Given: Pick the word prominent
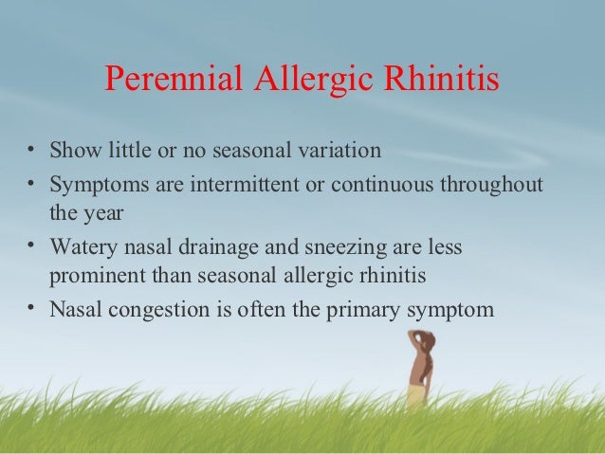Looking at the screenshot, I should pos(93,277).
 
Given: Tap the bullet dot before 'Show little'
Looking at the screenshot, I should pos(31,150).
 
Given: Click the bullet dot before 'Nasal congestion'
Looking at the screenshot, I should pos(31,307).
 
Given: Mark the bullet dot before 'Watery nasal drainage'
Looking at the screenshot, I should pos(31,245).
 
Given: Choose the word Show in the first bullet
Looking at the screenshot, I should pos(72,151).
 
